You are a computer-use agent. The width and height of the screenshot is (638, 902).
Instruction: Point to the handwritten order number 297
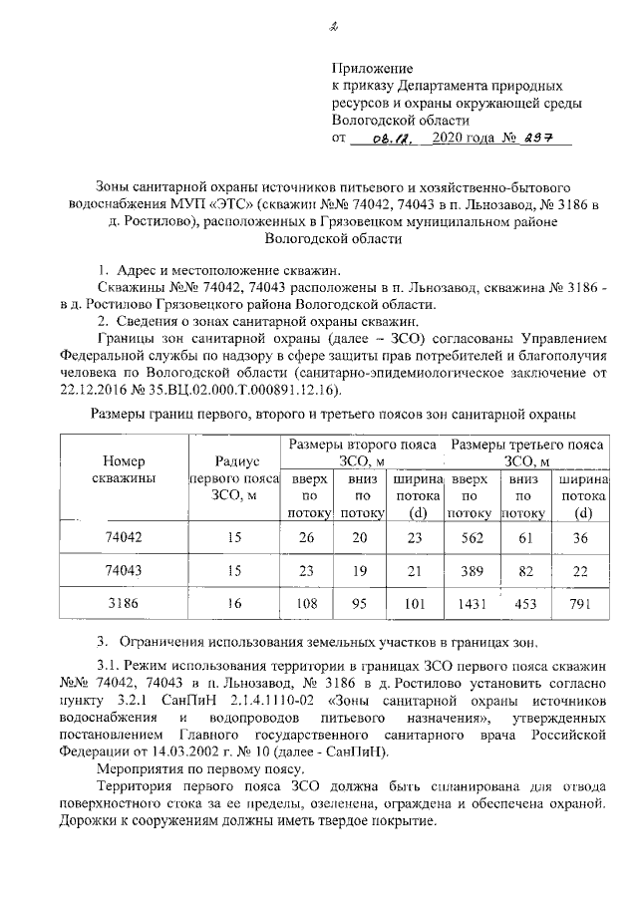(544, 139)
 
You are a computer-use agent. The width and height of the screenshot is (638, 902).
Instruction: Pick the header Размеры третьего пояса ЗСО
(528, 451)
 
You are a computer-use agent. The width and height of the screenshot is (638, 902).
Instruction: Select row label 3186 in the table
(124, 604)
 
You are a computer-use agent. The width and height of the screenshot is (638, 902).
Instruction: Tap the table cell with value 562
(468, 537)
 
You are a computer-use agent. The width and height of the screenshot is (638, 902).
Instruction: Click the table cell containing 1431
(468, 604)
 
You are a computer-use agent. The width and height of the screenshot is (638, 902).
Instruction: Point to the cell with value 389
(468, 571)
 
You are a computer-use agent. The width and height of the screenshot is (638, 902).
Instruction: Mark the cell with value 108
(308, 604)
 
